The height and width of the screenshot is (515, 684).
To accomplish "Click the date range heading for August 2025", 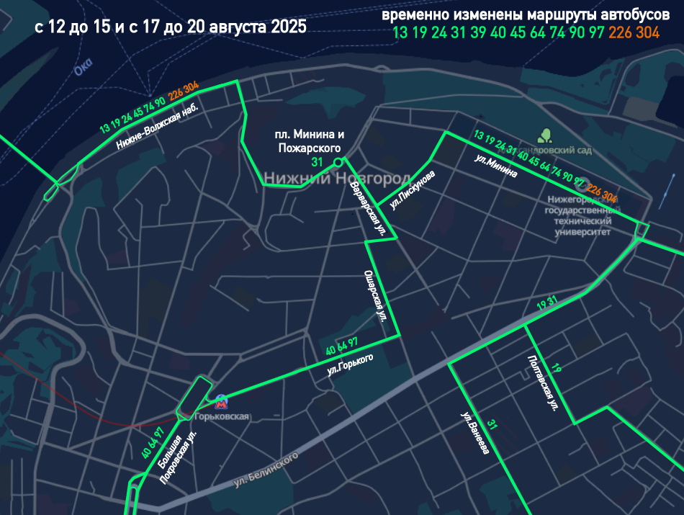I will tap(170, 27).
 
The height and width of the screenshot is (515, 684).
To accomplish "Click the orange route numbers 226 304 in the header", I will tap(634, 32).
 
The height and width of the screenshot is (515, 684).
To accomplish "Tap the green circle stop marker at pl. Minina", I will tap(338, 163).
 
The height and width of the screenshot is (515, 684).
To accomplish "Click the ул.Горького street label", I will tap(350, 364).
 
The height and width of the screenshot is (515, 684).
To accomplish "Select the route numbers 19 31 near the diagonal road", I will tap(547, 304).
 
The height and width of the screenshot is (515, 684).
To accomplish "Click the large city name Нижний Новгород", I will tap(336, 178).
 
